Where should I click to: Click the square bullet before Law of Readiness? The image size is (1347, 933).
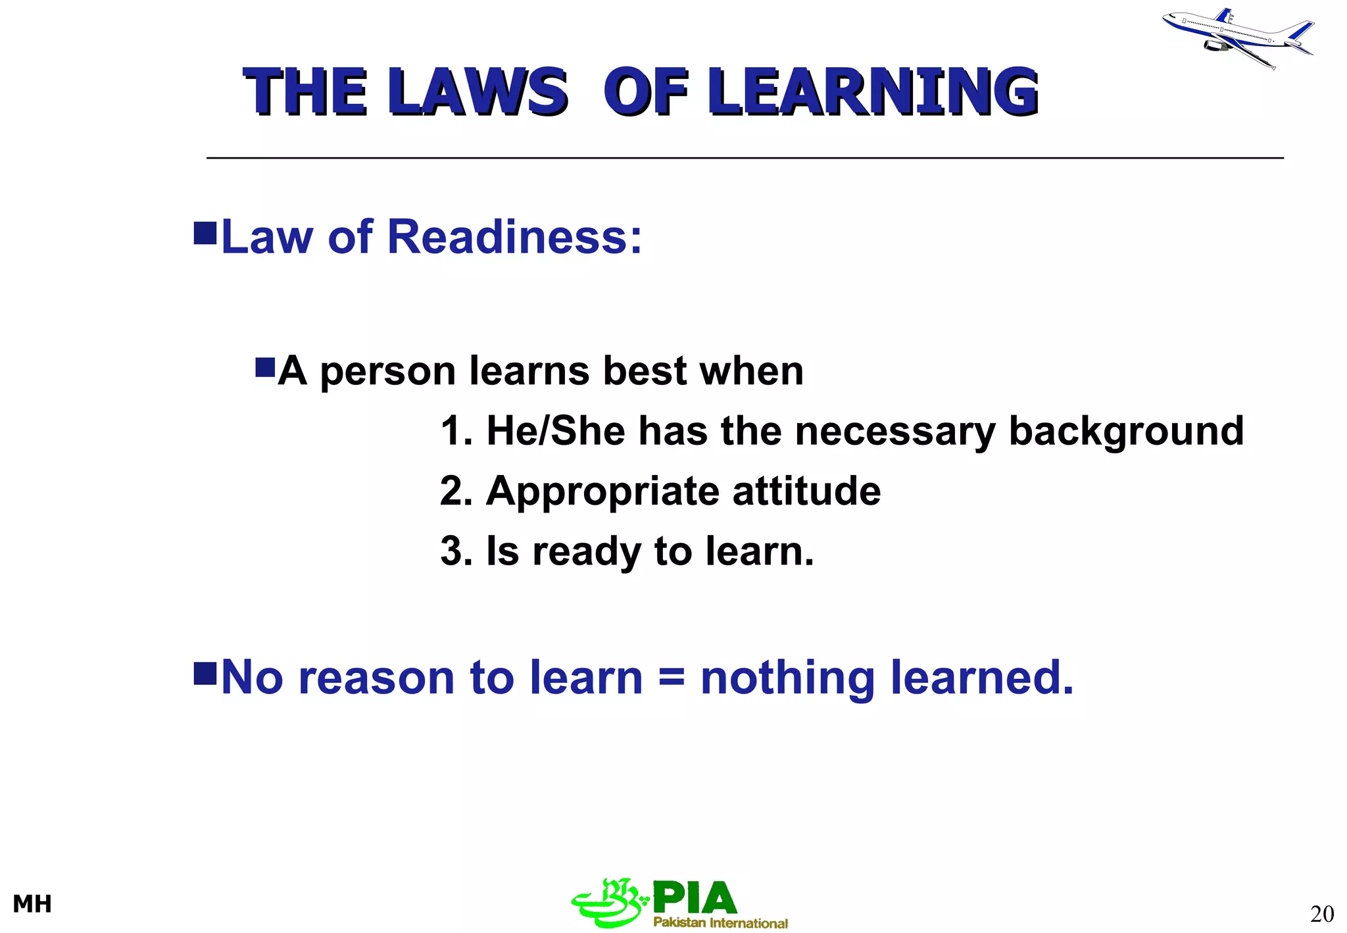(205, 233)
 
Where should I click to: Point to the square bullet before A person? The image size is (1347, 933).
(265, 367)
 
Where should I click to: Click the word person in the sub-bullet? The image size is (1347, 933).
(387, 372)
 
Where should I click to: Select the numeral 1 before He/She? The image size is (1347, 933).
(451, 432)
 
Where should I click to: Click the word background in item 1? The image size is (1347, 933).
(1125, 432)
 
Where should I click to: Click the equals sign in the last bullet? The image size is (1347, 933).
(671, 678)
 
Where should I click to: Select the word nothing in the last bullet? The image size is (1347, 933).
(787, 678)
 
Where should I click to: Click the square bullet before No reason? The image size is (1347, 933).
(205, 673)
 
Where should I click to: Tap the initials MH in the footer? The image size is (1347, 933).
(32, 904)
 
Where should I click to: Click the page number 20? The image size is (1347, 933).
(1322, 914)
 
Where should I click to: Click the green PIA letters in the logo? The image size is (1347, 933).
(695, 898)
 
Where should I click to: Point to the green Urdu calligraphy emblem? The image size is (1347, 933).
(609, 903)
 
